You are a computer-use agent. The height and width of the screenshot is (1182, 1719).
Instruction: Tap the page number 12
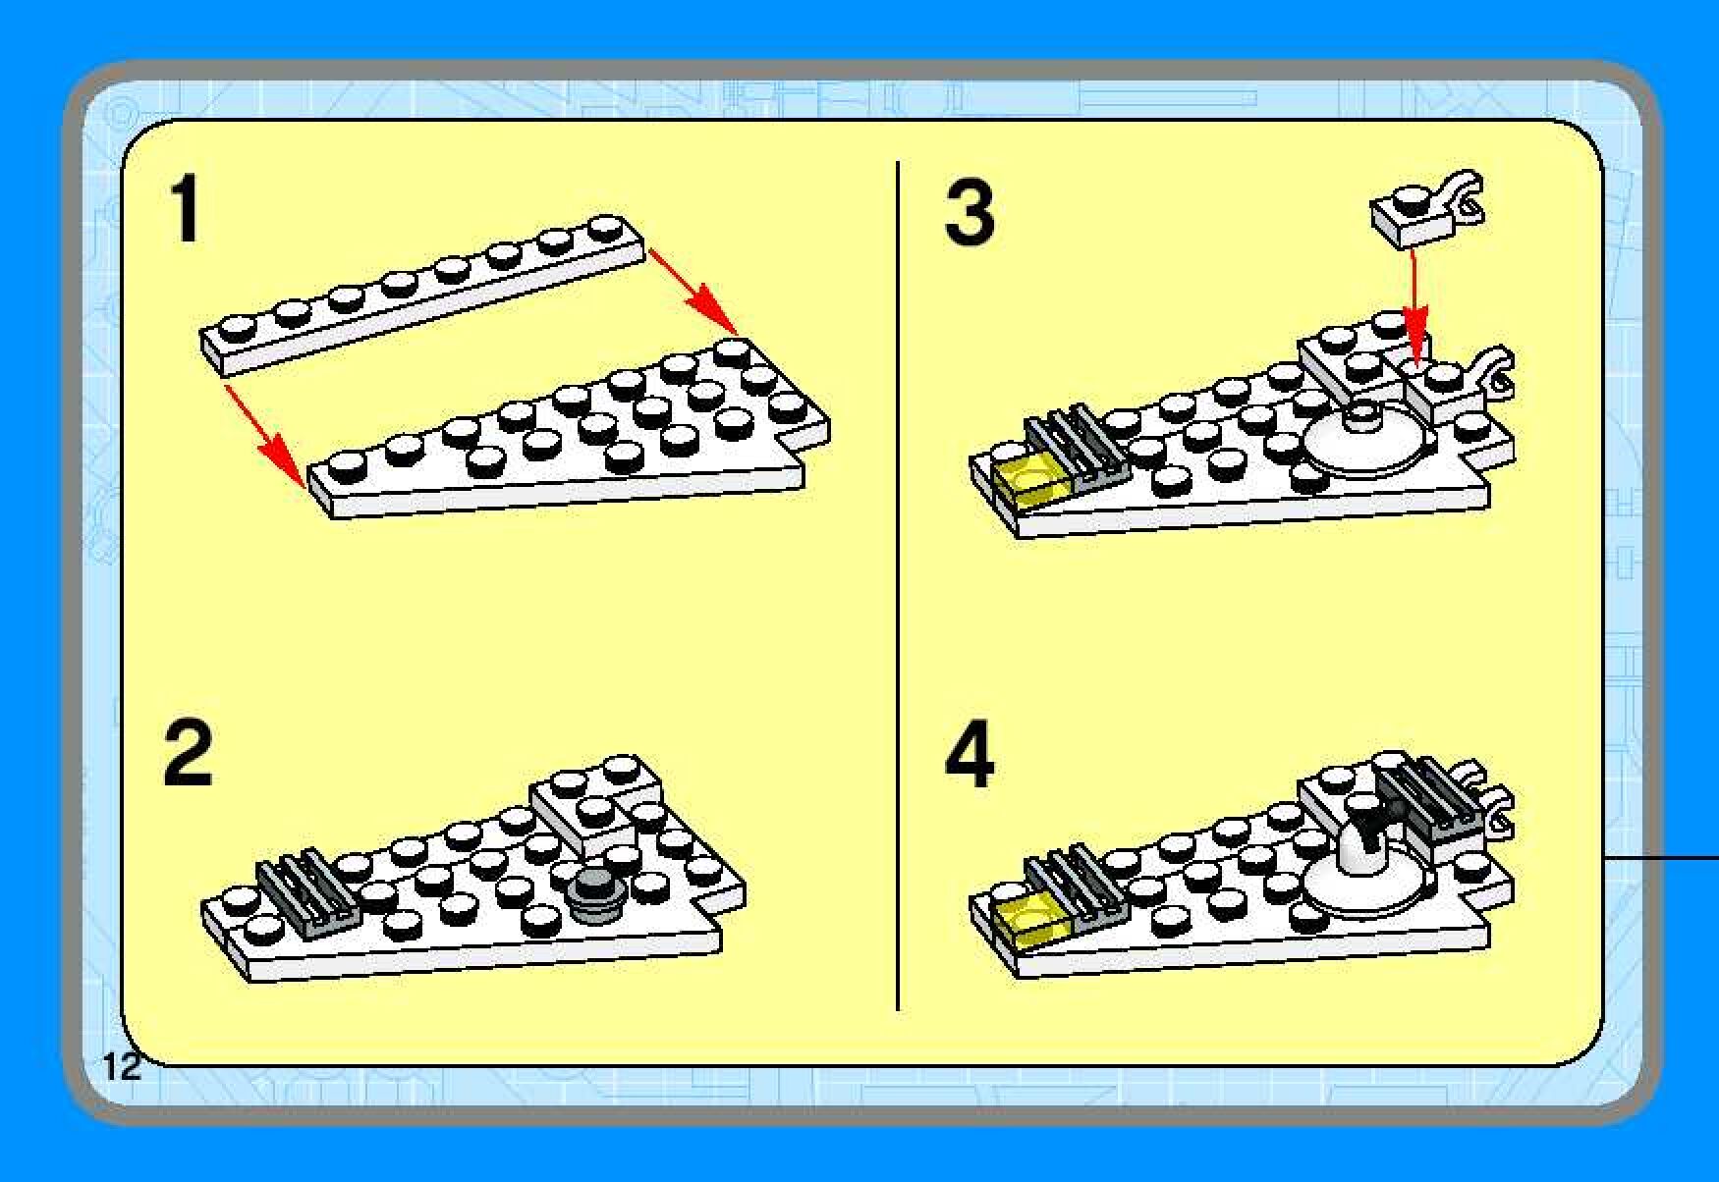coord(122,1066)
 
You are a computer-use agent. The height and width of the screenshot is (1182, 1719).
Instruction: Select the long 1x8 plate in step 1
coord(422,294)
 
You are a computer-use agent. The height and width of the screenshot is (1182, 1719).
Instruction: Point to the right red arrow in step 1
coord(693,291)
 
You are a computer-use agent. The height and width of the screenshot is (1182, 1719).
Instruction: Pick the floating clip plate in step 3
coord(1426,208)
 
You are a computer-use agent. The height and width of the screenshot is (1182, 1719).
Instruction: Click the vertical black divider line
coord(898,586)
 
